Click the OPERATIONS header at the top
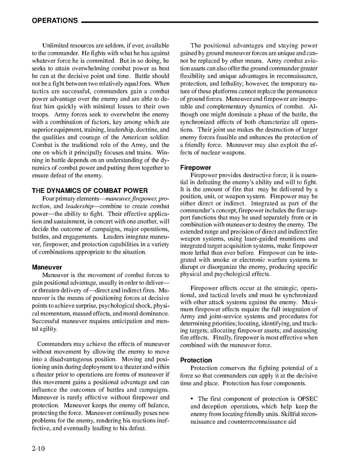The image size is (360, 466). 54,21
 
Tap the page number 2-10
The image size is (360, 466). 38,448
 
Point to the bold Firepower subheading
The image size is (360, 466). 196,168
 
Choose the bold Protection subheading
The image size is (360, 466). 196,360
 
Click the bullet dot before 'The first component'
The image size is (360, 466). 192,399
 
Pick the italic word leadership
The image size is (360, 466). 79,206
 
